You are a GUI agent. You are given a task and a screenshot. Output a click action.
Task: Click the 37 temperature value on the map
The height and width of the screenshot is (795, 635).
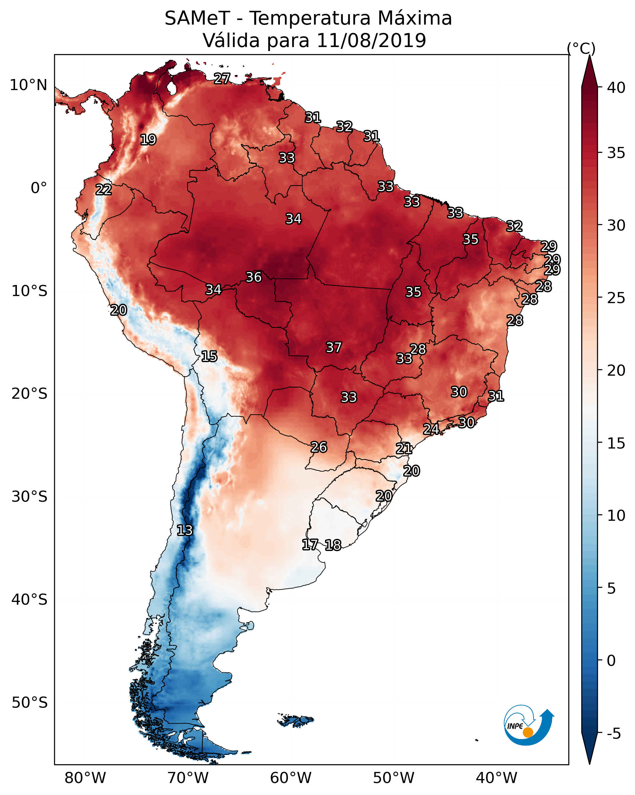tap(334, 347)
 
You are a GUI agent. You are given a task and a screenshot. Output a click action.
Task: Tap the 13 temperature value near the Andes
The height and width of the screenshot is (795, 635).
tap(185, 530)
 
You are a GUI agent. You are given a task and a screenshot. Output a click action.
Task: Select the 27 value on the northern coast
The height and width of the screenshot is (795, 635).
tap(222, 78)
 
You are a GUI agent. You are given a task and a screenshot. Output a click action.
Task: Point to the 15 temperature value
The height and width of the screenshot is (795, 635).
tap(209, 356)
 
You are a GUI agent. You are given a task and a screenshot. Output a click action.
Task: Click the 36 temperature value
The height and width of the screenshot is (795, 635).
tap(253, 277)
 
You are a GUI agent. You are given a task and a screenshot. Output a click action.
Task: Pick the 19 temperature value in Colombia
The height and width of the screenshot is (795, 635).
tap(148, 140)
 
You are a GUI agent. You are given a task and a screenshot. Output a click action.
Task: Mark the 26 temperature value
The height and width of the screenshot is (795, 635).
tap(319, 447)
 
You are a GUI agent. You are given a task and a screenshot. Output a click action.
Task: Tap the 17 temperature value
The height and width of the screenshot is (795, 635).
tap(310, 545)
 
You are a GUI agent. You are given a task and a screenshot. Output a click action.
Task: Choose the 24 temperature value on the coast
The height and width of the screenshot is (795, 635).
tap(431, 429)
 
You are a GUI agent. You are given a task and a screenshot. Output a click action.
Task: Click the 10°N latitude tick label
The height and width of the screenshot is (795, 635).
tap(28, 85)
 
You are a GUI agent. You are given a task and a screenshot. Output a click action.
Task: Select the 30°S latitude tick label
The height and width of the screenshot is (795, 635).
tap(29, 497)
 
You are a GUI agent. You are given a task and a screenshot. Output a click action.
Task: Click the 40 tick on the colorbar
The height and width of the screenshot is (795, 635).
tap(616, 88)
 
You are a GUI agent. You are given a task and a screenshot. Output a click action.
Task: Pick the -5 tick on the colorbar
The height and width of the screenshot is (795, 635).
tap(613, 734)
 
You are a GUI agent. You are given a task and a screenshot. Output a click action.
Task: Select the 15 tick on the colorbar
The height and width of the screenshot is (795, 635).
tap(616, 443)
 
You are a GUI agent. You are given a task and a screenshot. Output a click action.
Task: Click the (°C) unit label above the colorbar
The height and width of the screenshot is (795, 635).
tap(581, 48)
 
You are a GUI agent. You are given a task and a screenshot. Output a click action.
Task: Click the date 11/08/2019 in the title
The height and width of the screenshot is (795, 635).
tap(371, 40)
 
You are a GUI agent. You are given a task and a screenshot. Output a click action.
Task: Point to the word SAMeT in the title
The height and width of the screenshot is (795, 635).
tap(197, 18)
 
